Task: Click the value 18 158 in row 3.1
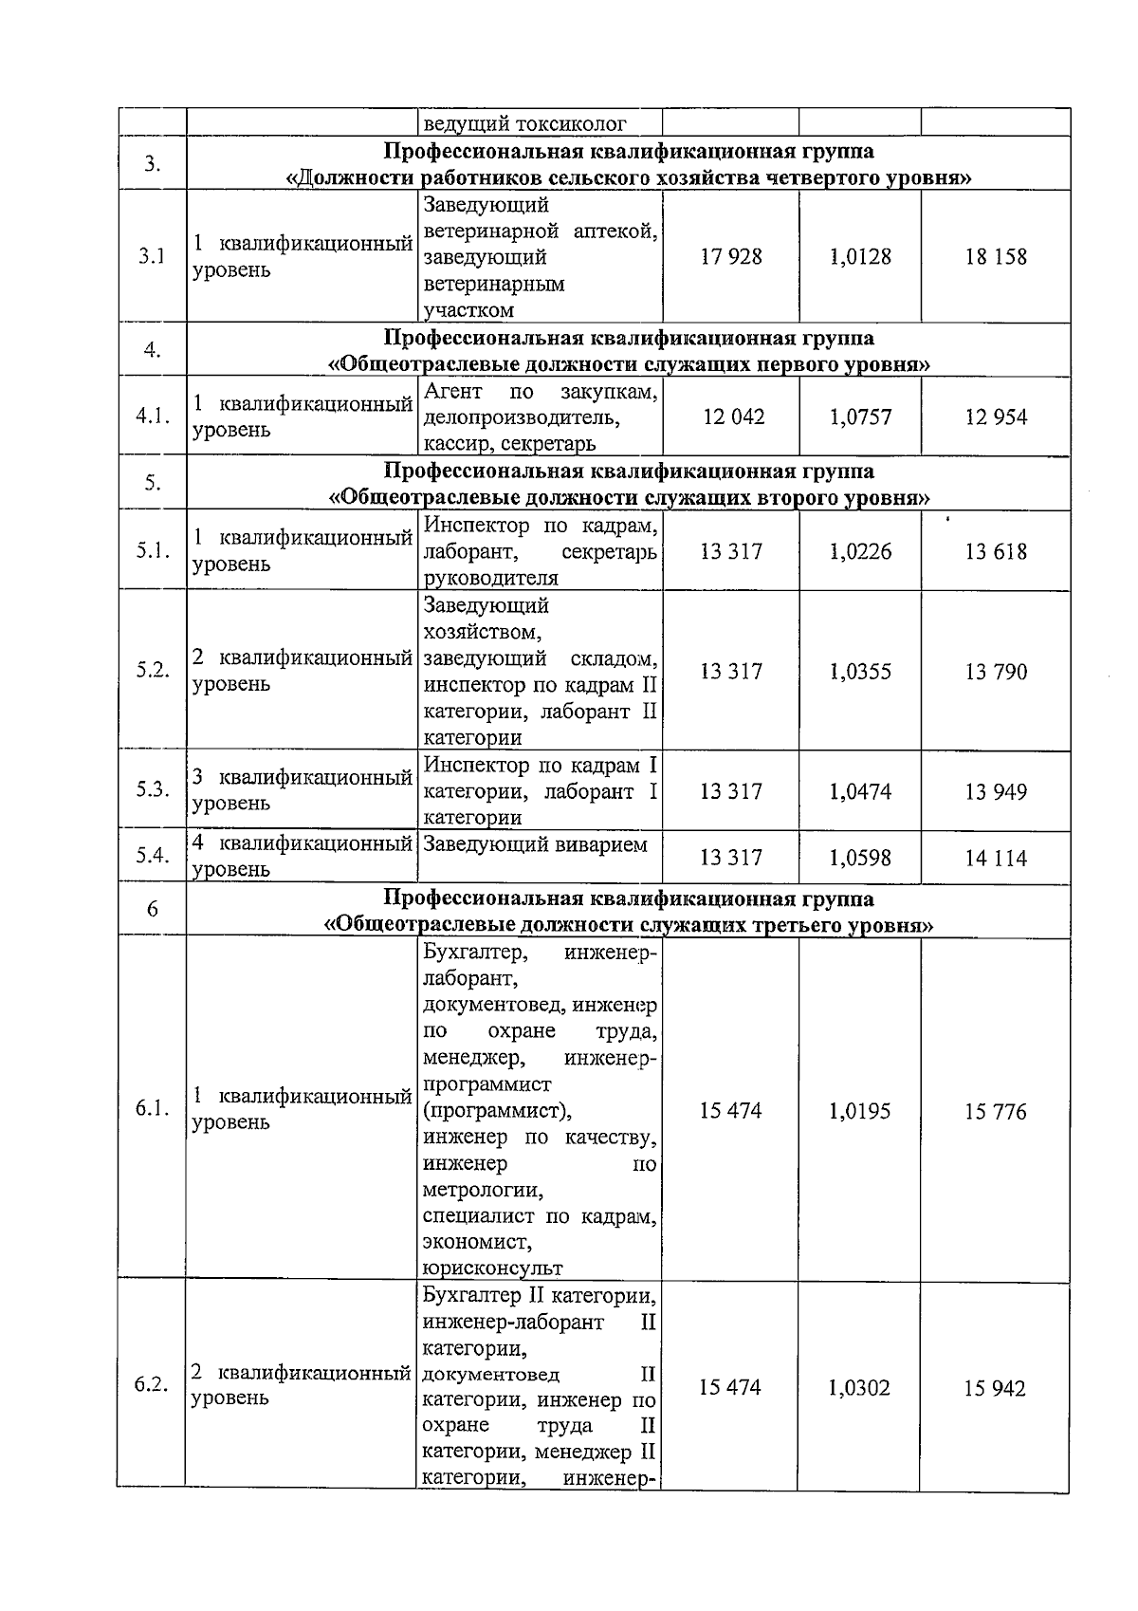tap(996, 257)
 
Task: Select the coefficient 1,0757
tap(860, 417)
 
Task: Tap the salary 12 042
tap(733, 417)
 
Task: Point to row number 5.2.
tap(153, 670)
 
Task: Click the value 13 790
tap(996, 673)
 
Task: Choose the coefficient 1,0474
tap(860, 792)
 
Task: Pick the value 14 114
tap(996, 859)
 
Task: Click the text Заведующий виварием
tap(535, 844)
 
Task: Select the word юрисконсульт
tap(492, 1268)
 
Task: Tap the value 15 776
tap(996, 1112)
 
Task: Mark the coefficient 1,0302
tap(859, 1389)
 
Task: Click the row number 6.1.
tap(152, 1109)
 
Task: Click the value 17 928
tap(731, 257)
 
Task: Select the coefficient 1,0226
tap(860, 552)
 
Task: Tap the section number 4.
tap(152, 350)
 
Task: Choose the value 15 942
tap(995, 1389)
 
